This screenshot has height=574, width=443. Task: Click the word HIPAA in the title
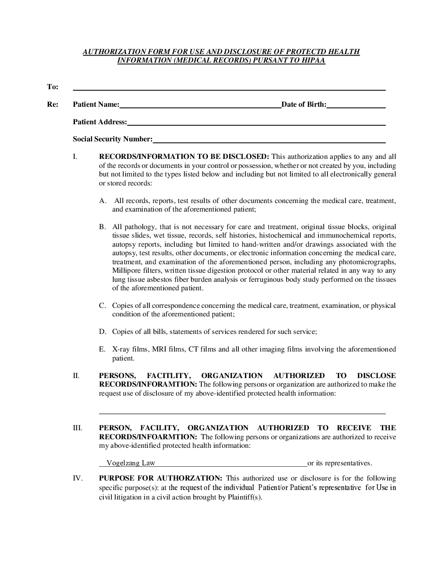coord(313,61)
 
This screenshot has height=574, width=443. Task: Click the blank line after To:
coord(229,88)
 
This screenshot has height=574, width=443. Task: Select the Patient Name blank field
coord(200,106)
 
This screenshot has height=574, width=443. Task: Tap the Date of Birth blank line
coord(356,106)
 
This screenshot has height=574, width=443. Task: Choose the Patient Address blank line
coord(256,123)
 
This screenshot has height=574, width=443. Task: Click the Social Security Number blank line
coord(269,140)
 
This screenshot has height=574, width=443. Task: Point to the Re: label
coord(52,104)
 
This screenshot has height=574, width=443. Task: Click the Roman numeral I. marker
coord(74,157)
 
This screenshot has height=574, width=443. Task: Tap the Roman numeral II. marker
coord(76,376)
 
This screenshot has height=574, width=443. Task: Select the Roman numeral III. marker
coord(77,428)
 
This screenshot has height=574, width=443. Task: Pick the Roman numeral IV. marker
coord(77,478)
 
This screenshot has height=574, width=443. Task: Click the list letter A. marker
coord(103,201)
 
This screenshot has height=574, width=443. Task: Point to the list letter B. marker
coord(102,227)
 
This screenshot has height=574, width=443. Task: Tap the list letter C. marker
coord(102,306)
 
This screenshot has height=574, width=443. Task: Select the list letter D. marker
coord(103,332)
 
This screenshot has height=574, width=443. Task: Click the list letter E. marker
coord(102,349)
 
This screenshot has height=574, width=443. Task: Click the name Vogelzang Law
coord(131,463)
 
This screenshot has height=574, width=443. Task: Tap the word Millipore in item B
coord(126,270)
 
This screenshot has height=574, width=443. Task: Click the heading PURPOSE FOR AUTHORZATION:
coord(160,478)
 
